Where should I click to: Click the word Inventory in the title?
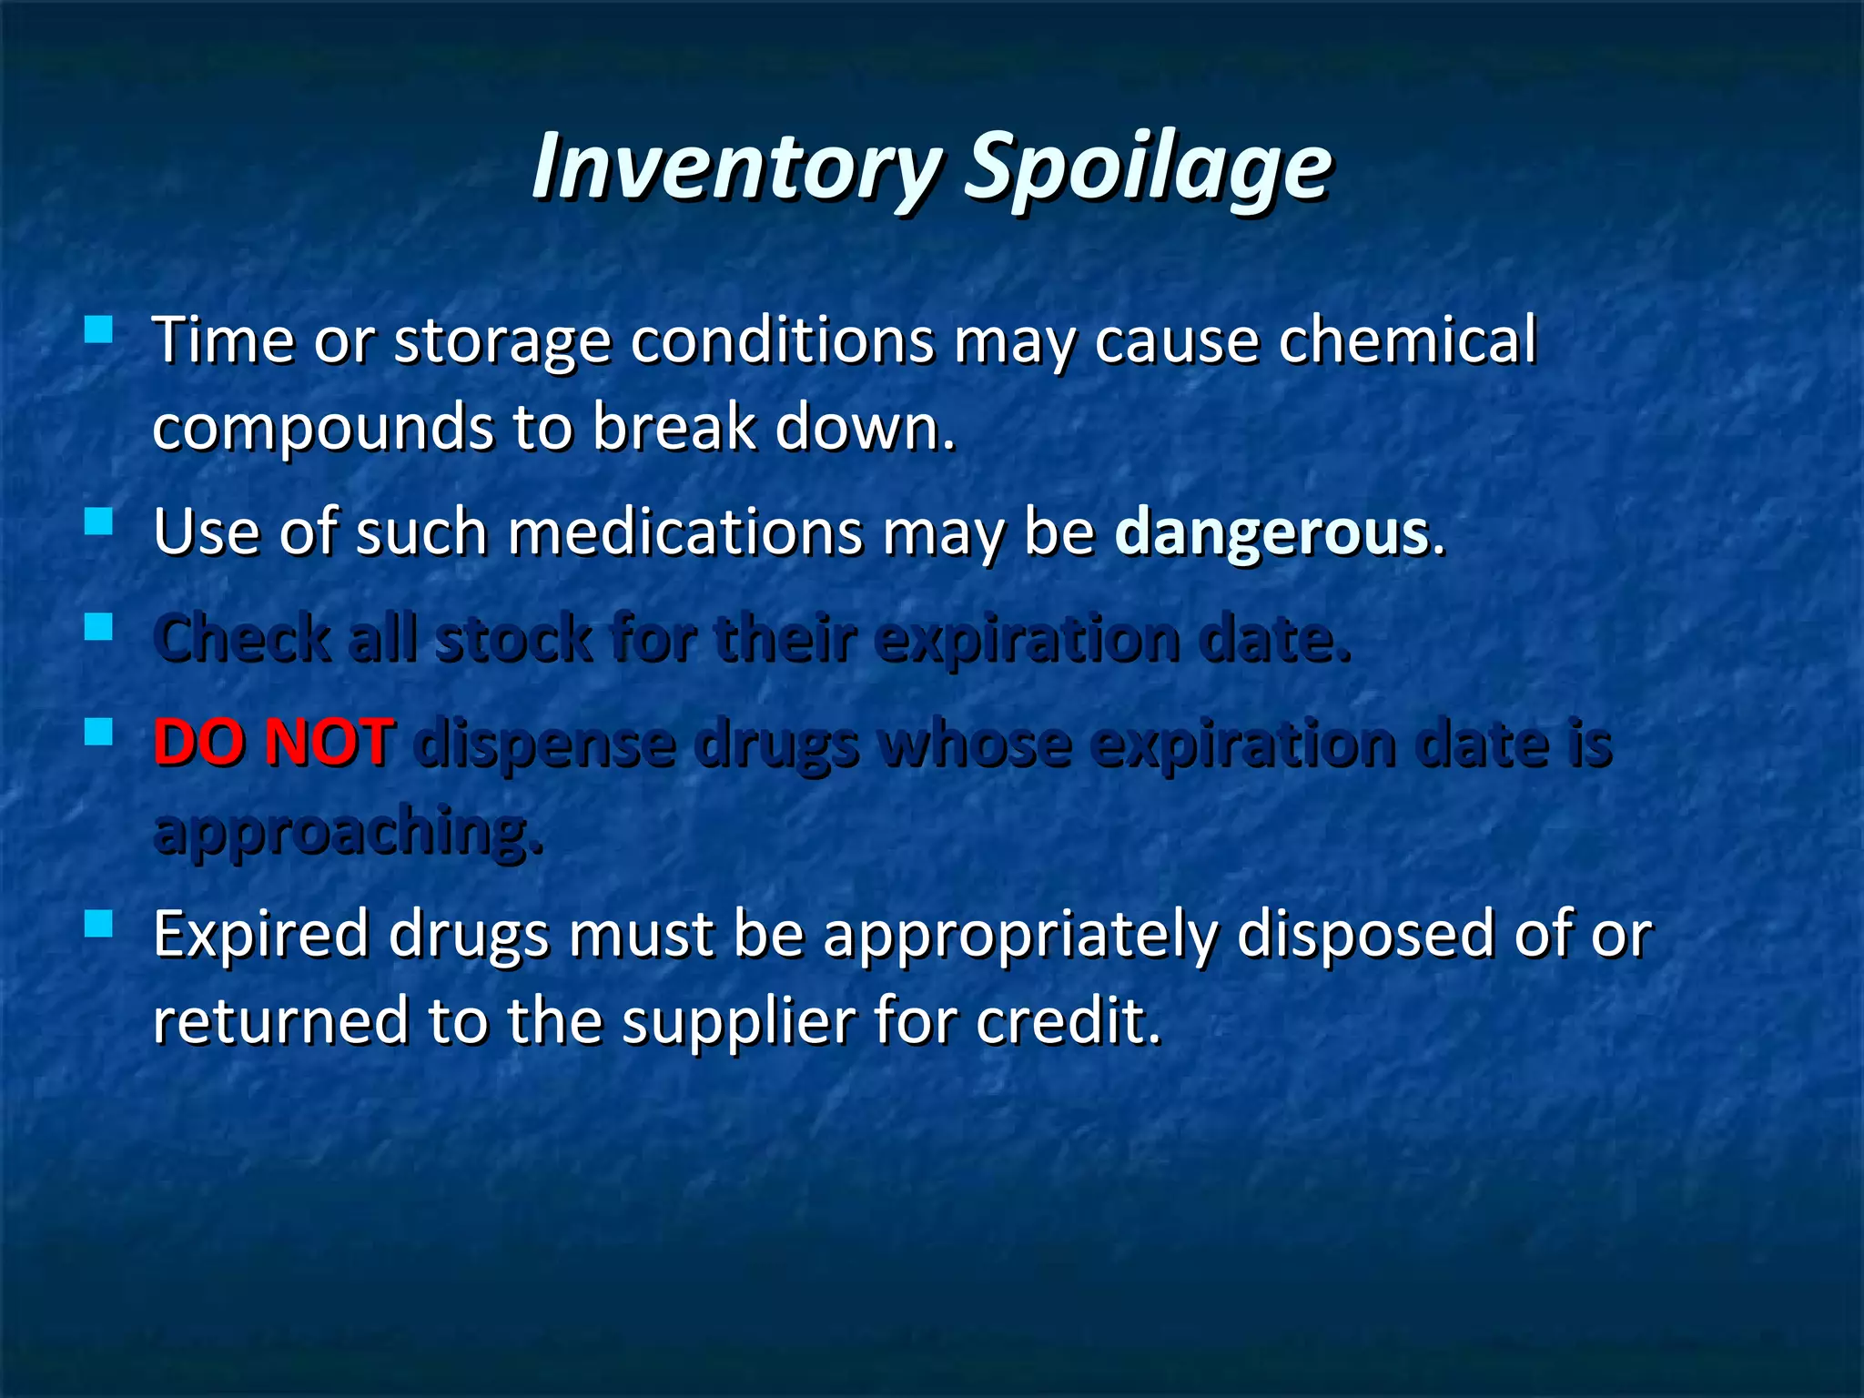[735, 166]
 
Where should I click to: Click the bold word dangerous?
[1271, 532]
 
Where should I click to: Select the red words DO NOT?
[274, 742]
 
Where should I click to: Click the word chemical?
[1407, 340]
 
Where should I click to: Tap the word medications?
[684, 532]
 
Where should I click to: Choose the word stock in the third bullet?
[514, 638]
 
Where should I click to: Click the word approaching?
[349, 830]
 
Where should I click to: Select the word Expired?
[260, 935]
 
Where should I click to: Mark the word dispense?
[543, 744]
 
